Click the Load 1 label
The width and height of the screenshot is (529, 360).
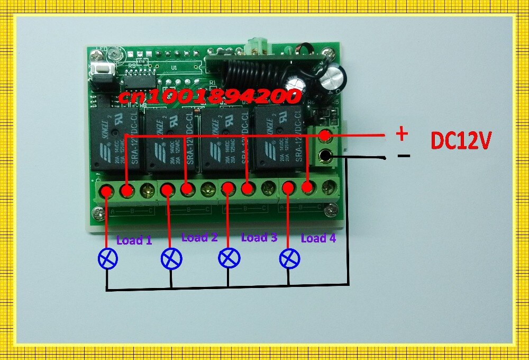134,240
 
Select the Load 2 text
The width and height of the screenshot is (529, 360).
199,237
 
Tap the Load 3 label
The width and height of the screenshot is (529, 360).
259,237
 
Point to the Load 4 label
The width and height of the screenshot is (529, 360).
318,238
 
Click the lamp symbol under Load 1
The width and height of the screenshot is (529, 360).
108,258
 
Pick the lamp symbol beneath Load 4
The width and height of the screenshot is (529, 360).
289,258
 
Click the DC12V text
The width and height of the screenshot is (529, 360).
461,140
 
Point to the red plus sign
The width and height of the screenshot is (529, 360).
402,133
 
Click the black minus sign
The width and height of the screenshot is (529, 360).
403,156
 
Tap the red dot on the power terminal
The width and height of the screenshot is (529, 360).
326,136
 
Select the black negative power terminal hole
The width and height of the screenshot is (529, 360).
326,156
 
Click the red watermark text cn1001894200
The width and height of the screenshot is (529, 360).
209,96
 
